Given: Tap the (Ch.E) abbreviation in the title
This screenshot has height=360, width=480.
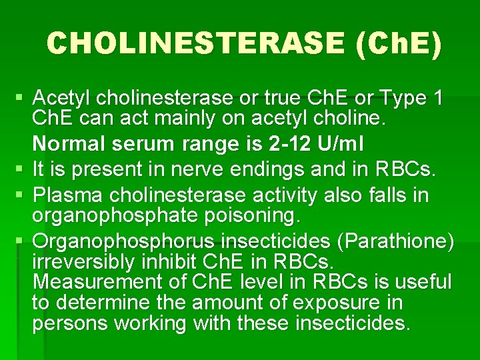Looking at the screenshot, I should [399, 44].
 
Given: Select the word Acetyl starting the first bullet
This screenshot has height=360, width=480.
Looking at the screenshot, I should [61, 99].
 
